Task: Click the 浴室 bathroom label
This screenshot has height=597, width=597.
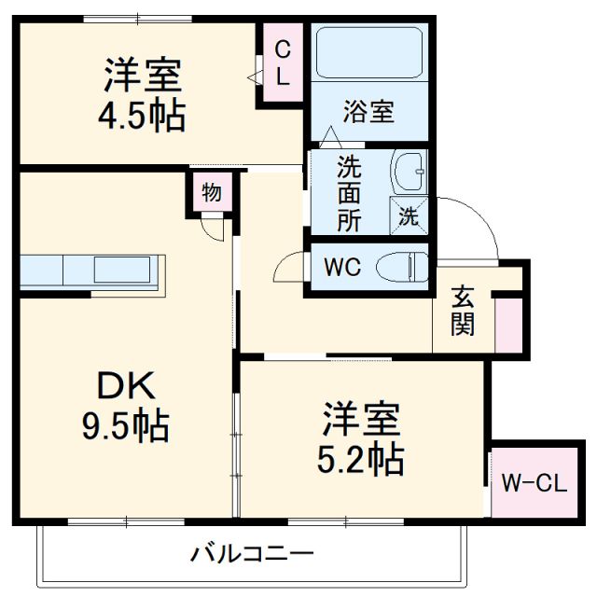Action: (368, 112)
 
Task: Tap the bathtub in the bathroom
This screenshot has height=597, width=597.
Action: (368, 54)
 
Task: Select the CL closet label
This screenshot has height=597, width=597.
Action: (283, 63)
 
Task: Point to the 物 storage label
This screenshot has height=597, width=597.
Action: (212, 194)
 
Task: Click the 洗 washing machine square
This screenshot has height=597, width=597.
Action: (410, 215)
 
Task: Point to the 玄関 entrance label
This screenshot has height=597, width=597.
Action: (462, 312)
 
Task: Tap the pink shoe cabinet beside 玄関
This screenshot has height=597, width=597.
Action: (508, 323)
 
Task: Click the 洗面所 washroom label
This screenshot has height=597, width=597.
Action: (349, 194)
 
